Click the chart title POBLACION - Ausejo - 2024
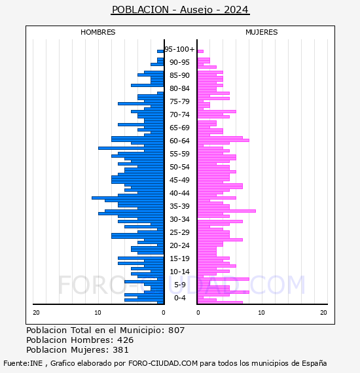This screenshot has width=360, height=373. click(x=180, y=10)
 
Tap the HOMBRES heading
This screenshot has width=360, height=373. click(x=98, y=32)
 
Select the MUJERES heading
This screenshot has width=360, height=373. click(x=262, y=32)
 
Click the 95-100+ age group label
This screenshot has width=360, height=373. click(x=179, y=49)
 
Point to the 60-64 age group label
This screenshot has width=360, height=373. click(x=179, y=141)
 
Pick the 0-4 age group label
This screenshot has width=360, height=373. click(x=180, y=298)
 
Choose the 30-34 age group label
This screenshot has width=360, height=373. click(x=179, y=219)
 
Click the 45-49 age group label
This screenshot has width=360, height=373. click(x=179, y=180)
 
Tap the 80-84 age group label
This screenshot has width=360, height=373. click(x=179, y=88)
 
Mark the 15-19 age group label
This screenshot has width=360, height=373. click(x=179, y=258)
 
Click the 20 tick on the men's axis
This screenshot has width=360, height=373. click(x=36, y=313)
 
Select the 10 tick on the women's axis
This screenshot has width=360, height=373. click(x=262, y=313)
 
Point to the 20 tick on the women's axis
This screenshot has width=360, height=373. click(x=323, y=313)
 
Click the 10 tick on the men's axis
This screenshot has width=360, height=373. click(x=98, y=313)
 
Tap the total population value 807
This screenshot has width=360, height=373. click(x=176, y=330)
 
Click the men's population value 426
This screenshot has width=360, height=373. click(x=126, y=340)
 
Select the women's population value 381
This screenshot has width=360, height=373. click(x=120, y=350)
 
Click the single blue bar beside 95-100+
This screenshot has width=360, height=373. click(x=160, y=52)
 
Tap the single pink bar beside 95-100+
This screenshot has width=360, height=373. click(x=200, y=52)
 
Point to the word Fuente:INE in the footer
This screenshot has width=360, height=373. click(x=23, y=363)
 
